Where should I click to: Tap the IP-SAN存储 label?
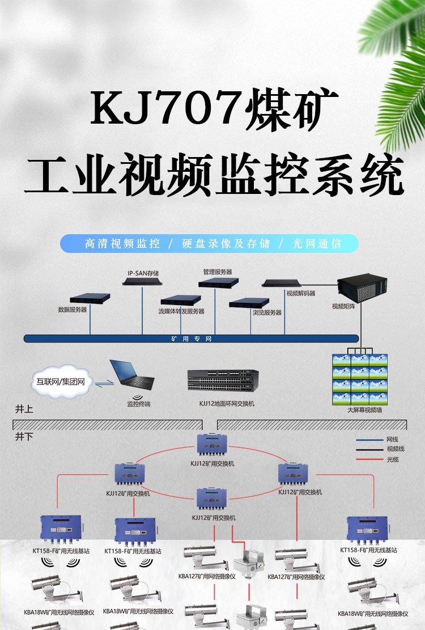coord(143,273)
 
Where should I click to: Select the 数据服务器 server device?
coord(90,298)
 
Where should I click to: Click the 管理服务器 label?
coord(218,272)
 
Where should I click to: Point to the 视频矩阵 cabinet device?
coord(362,289)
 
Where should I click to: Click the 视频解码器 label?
coord(301,294)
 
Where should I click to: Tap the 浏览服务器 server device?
coord(249,302)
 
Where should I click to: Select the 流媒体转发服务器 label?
coord(181,311)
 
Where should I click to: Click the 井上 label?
coord(23,409)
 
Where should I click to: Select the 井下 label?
coord(23,437)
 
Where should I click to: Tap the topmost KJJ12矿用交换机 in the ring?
coord(212,445)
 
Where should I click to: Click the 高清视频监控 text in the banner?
coord(122,244)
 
